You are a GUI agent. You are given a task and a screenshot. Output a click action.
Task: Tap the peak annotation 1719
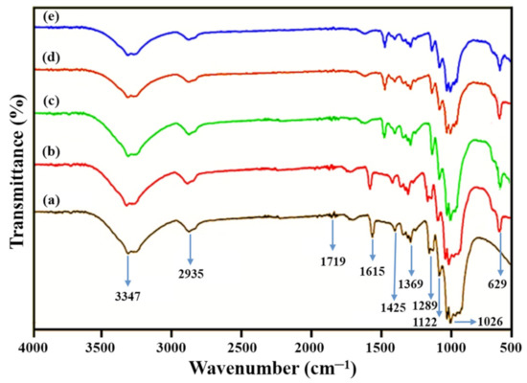tap(332, 259)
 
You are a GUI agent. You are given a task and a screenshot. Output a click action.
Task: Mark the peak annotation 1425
tap(394, 307)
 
